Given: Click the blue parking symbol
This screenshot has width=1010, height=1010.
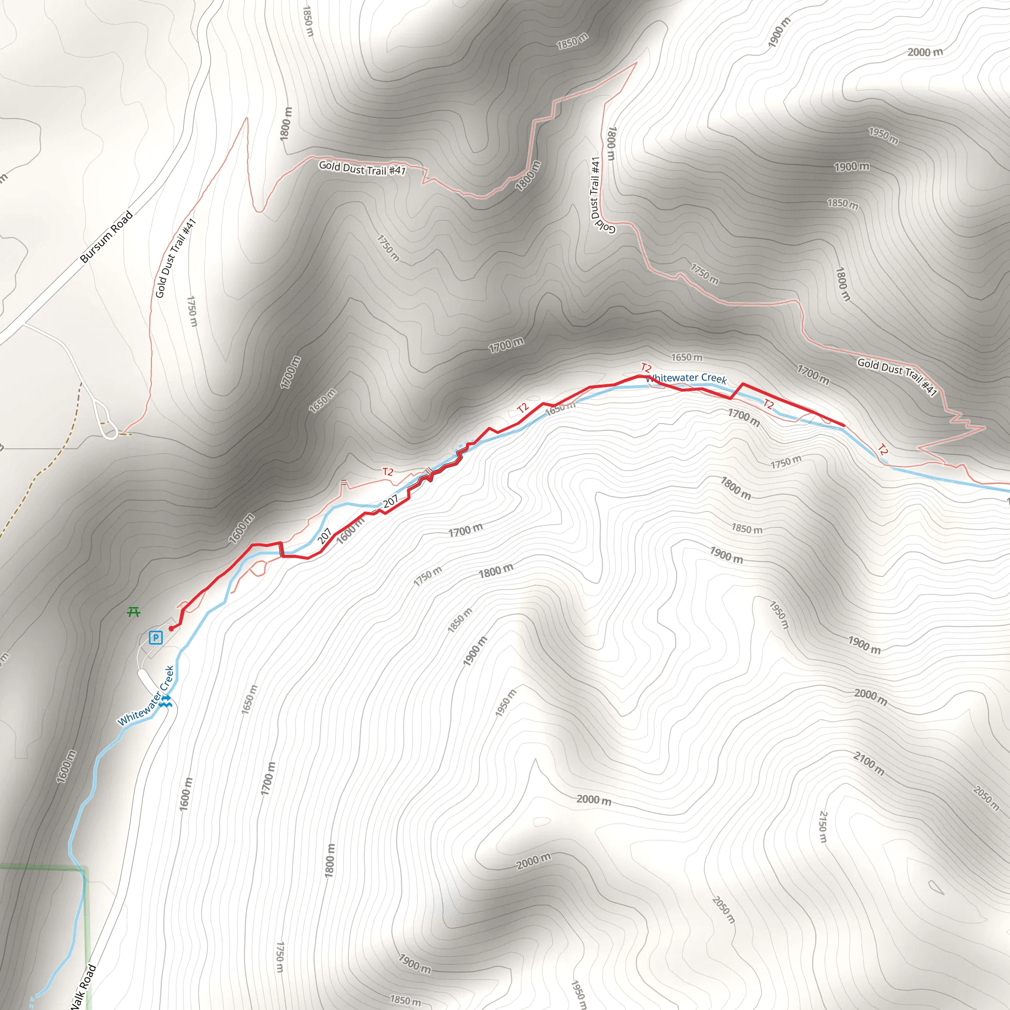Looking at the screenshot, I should (x=156, y=637).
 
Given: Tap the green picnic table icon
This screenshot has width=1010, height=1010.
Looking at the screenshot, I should (x=134, y=612).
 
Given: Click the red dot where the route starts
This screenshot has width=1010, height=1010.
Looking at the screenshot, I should (x=171, y=629).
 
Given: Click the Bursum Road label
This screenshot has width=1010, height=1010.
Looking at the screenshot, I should (x=107, y=236).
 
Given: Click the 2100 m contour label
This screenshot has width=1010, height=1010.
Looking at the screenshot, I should (x=869, y=763).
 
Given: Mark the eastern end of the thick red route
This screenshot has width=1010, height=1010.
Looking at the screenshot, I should (x=844, y=426).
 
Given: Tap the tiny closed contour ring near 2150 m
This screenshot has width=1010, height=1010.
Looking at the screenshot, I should (x=937, y=887).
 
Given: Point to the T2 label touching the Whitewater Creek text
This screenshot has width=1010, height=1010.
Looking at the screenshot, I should (x=646, y=368).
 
